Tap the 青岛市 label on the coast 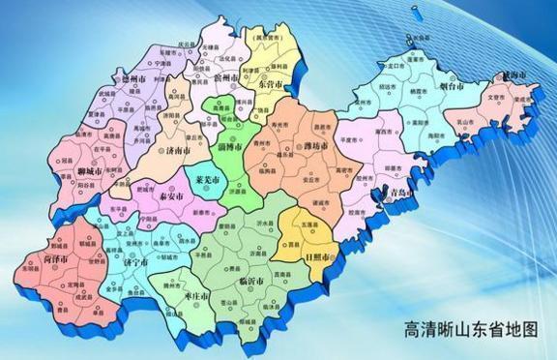pos(397,194)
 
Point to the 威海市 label pos(511,75)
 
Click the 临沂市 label pos(252,281)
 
